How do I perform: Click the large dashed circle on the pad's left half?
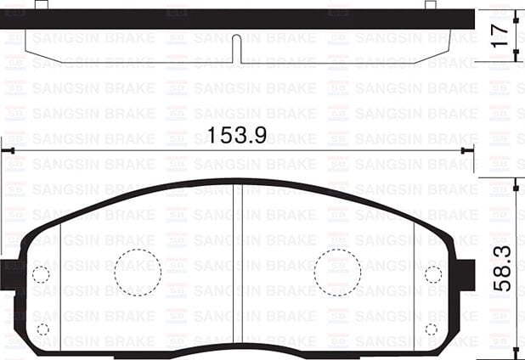pos(138,273)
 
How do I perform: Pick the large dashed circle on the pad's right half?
pos(337,273)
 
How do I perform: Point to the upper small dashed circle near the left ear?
pos(40,273)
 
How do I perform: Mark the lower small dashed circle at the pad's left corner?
pos(42,329)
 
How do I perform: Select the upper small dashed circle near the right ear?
pos(433,273)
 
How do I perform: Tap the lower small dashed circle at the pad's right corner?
pos(432,329)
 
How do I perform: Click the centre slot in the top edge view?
pos(237,48)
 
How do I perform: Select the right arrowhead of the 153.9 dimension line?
pos(466,150)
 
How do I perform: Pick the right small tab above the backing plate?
pos(430,5)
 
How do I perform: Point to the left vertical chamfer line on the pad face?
pos(60,280)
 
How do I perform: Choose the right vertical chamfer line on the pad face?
pos(414,280)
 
